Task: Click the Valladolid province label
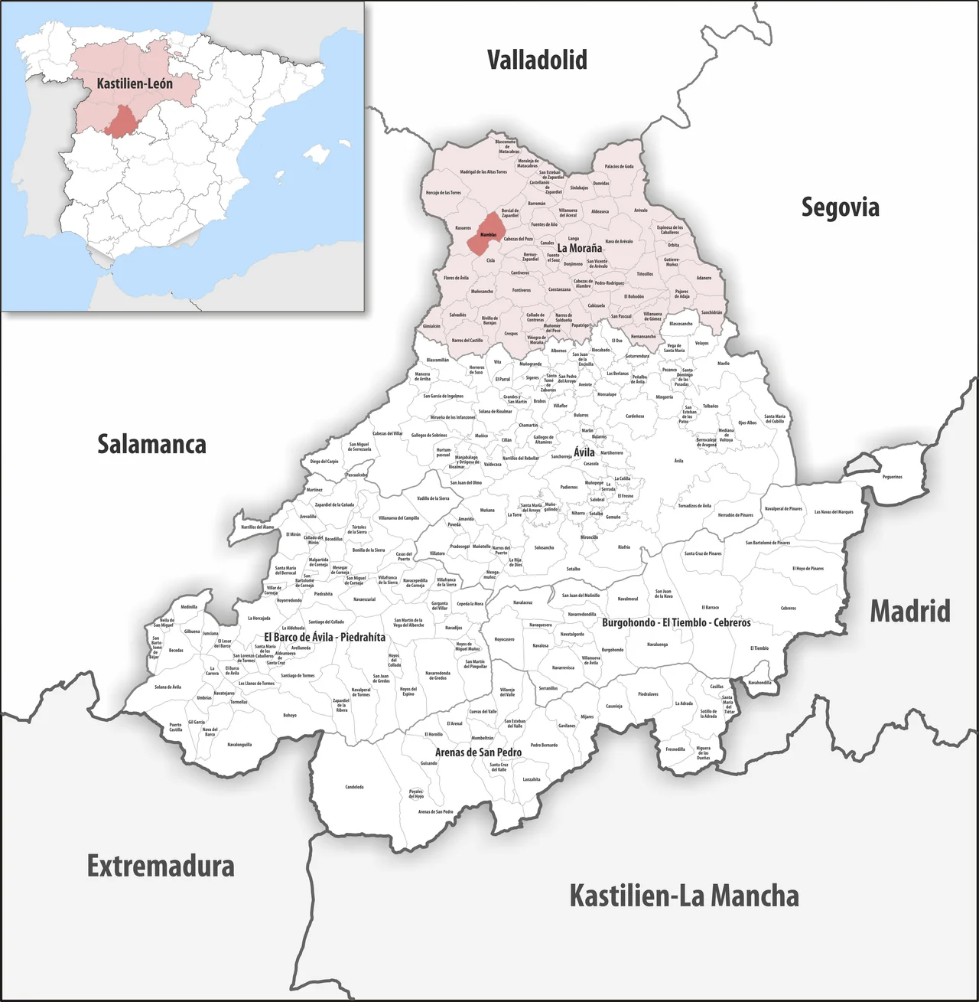(537, 60)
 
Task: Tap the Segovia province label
(840, 207)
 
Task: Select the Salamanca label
(151, 444)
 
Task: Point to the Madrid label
(910, 612)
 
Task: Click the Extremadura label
(161, 867)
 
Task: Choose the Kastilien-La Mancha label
(684, 896)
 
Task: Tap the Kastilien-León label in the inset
(135, 83)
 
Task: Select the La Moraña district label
(579, 248)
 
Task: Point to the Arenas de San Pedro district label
(478, 752)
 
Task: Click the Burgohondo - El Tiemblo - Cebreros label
(676, 622)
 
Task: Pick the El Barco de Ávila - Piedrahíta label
(324, 637)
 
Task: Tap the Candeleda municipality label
(354, 787)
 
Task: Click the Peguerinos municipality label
(892, 477)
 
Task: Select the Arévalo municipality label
(641, 211)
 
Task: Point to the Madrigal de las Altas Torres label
(483, 172)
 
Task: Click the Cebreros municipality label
(789, 609)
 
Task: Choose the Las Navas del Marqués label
(834, 512)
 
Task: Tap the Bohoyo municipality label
(290, 716)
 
